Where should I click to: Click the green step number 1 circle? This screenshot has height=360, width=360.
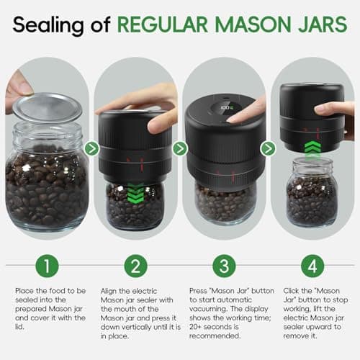click(x=47, y=265)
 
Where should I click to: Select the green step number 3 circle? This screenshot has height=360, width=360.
click(x=223, y=265)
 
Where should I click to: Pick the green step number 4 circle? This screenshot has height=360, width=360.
click(x=312, y=265)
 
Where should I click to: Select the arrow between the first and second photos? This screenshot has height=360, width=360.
click(x=91, y=149)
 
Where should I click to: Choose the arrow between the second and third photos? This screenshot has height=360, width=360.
click(x=180, y=149)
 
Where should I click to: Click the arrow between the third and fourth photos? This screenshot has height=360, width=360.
click(x=268, y=149)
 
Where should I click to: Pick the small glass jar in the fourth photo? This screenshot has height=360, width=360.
click(x=311, y=194)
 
